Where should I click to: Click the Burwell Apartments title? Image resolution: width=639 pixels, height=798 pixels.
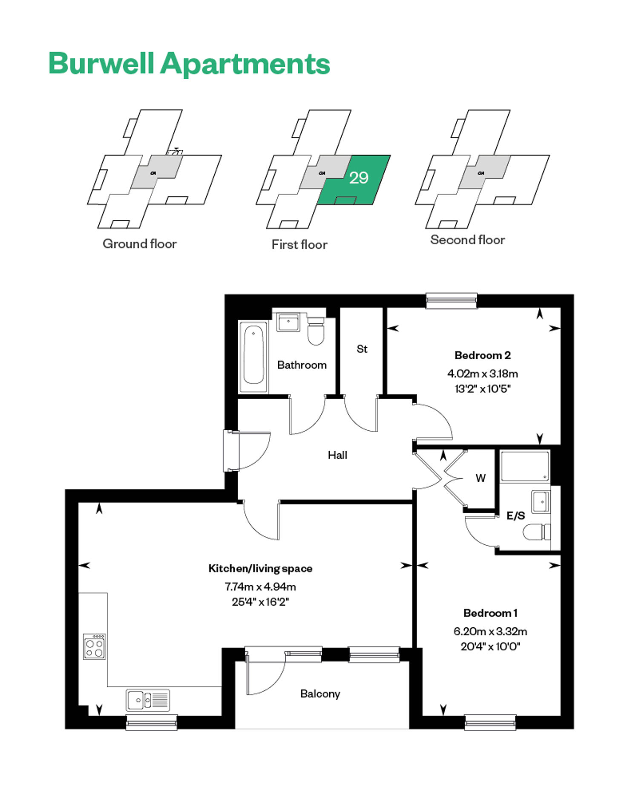pyautogui.click(x=190, y=64)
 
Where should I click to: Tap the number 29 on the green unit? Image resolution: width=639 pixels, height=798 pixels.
pyautogui.click(x=359, y=177)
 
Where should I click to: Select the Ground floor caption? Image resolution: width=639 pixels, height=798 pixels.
pyautogui.click(x=140, y=244)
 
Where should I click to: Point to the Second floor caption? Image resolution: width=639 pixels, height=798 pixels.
pyautogui.click(x=467, y=240)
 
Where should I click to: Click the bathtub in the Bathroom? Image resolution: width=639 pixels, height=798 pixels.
pyautogui.click(x=253, y=357)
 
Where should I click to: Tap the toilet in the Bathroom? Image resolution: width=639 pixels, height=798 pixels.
pyautogui.click(x=316, y=330)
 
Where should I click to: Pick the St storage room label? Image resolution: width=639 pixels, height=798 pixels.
pyautogui.click(x=362, y=349)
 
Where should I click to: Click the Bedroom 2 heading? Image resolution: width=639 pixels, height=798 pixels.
pyautogui.click(x=483, y=355)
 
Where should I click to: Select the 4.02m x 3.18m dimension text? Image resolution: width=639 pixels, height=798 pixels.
pyautogui.click(x=483, y=374)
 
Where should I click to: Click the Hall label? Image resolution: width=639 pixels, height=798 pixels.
pyautogui.click(x=337, y=455)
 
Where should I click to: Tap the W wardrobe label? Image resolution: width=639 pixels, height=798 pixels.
pyautogui.click(x=481, y=478)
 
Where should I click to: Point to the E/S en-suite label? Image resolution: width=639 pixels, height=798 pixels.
pyautogui.click(x=515, y=516)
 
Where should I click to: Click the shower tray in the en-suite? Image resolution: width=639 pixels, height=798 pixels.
pyautogui.click(x=525, y=466)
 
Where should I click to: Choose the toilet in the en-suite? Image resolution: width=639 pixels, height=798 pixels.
pyautogui.click(x=537, y=532)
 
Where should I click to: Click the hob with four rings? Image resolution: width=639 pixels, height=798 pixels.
pyautogui.click(x=95, y=646)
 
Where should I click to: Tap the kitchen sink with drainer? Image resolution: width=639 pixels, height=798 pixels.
pyautogui.click(x=148, y=700)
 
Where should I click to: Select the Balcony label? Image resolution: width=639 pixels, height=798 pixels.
pyautogui.click(x=320, y=694)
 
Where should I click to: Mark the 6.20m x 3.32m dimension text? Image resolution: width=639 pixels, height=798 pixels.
pyautogui.click(x=490, y=631)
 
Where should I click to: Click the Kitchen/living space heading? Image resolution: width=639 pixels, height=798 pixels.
pyautogui.click(x=260, y=568)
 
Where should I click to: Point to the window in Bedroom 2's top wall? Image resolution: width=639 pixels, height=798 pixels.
pyautogui.click(x=452, y=300)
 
